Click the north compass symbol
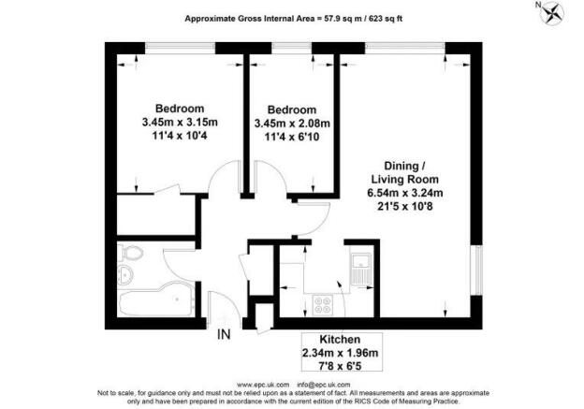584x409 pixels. click(551, 12)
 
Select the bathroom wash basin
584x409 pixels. click(125, 275)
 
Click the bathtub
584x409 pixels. click(156, 299)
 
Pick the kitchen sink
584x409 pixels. click(361, 270)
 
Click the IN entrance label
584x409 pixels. click(224, 334)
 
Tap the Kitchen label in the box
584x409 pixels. click(340, 340)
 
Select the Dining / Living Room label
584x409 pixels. click(405, 172)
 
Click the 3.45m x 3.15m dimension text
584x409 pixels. click(180, 123)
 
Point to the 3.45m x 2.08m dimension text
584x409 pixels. click(292, 124)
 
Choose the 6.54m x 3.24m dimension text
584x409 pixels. click(405, 193)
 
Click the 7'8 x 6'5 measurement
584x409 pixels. click(340, 366)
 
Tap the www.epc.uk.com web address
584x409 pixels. click(263, 385)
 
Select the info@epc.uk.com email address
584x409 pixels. click(324, 385)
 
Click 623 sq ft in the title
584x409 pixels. click(386, 18)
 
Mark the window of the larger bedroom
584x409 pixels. click(180, 47)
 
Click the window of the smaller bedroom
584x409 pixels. click(292, 47)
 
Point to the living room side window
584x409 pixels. click(476, 270)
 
